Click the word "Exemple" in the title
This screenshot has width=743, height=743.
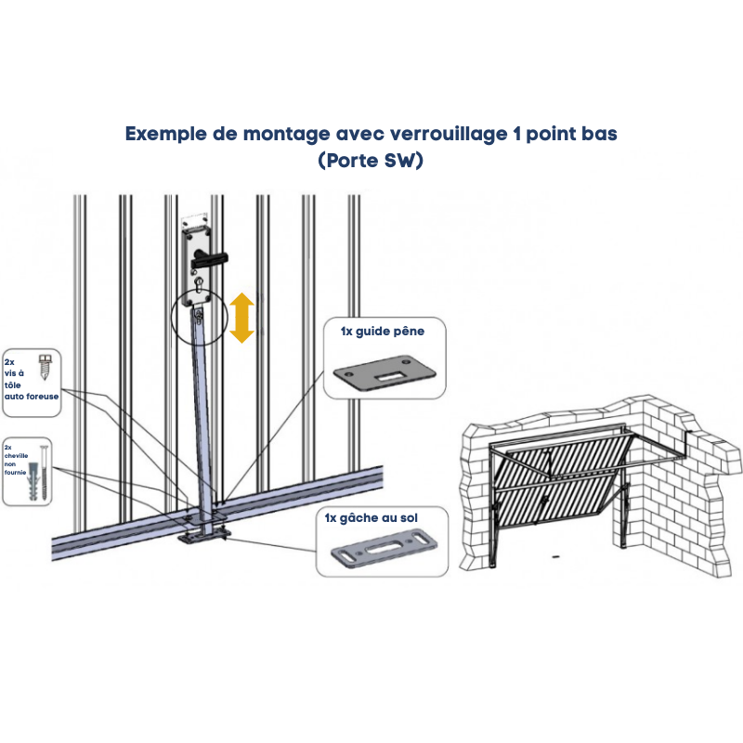[x=166, y=134]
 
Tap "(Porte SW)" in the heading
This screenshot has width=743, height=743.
[x=371, y=160]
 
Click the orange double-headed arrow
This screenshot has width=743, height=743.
[x=241, y=318]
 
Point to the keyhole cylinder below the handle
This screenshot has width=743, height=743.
[x=199, y=284]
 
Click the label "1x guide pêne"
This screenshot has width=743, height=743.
[x=383, y=332]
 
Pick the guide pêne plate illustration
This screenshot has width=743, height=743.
[x=385, y=373]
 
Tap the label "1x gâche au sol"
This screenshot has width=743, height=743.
[x=371, y=518]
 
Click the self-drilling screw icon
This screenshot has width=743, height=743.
[x=45, y=366]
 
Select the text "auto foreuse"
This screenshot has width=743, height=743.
[x=32, y=397]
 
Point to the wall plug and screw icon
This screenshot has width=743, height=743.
[x=39, y=474]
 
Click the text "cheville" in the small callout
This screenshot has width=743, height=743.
[x=17, y=456]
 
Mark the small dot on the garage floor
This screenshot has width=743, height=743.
[x=555, y=554]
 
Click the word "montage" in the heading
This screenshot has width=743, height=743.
[x=286, y=135]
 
